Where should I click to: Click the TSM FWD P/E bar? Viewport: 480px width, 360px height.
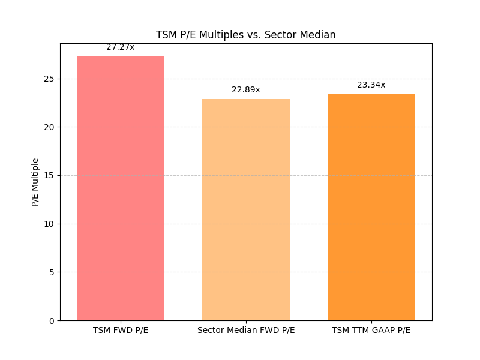pos(121,188)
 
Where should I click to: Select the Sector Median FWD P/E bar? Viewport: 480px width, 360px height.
pos(246,209)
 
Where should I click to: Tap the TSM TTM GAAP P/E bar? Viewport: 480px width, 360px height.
pos(371,207)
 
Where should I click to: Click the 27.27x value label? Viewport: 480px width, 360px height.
pos(121,47)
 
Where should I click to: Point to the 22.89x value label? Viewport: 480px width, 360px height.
pos(246,89)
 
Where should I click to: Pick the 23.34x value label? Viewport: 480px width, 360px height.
pos(371,85)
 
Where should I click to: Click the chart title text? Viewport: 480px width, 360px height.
pos(246,35)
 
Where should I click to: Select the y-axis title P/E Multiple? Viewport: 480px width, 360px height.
pos(35,182)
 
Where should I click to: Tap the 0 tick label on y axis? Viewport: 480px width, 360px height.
pos(52,321)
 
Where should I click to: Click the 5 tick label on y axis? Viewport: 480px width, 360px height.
pos(52,272)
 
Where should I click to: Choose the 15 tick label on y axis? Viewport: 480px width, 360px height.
pos(49,175)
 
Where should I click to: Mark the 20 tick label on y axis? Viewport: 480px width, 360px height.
pos(49,127)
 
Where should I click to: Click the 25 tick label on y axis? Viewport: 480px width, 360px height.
pos(49,79)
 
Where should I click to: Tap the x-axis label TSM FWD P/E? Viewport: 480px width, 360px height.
pos(121,331)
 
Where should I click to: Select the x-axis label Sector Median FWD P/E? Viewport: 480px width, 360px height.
pos(246,331)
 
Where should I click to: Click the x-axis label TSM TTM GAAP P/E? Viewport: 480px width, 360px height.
pos(371,331)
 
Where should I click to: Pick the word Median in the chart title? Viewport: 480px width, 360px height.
pos(319,35)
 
